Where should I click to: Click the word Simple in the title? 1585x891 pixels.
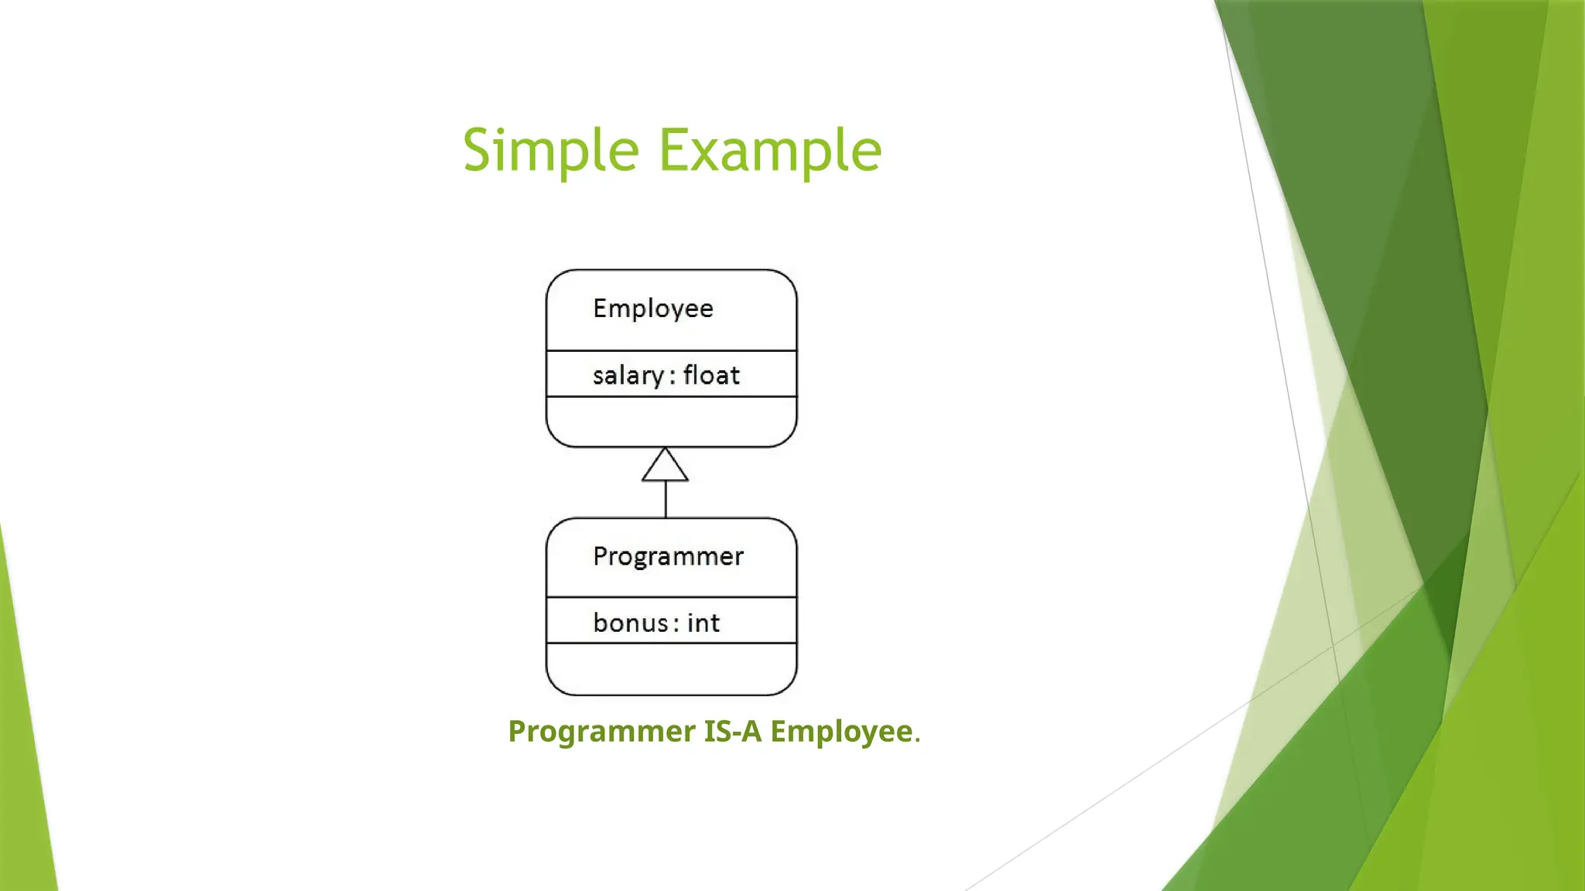tap(550, 150)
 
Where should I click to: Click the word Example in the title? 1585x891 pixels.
tap(770, 150)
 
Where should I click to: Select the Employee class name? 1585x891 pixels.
tap(653, 309)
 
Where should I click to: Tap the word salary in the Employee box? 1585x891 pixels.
tap(628, 376)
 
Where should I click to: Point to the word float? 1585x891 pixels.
tap(711, 376)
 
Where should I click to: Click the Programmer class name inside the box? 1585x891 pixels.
tap(668, 556)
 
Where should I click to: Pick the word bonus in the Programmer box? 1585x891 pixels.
tap(630, 623)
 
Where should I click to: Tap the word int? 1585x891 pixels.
tap(703, 623)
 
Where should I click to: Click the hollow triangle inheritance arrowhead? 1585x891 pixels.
tap(665, 466)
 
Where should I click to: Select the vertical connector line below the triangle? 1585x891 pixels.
tap(666, 500)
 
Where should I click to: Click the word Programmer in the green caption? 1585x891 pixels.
tap(601, 732)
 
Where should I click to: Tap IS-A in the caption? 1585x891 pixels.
tap(733, 732)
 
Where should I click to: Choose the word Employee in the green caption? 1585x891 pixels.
tap(841, 732)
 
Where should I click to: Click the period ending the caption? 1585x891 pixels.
tap(918, 738)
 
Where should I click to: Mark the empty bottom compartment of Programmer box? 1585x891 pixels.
tap(671, 668)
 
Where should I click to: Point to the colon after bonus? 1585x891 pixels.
tap(676, 624)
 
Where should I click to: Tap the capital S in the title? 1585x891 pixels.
tap(478, 150)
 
